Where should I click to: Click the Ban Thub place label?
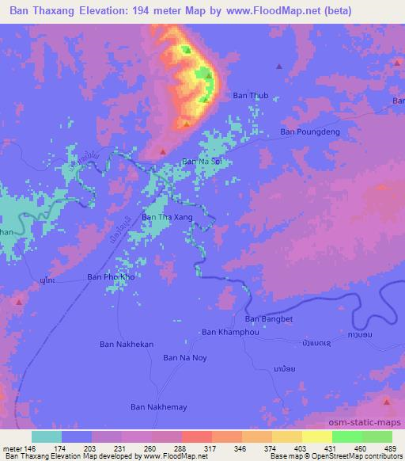point(251,96)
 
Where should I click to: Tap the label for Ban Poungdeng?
point(310,132)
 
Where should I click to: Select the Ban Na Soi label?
point(202,161)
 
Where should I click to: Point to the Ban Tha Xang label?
point(166,216)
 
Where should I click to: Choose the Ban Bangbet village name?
point(264,318)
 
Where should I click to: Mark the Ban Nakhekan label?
point(126,344)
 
